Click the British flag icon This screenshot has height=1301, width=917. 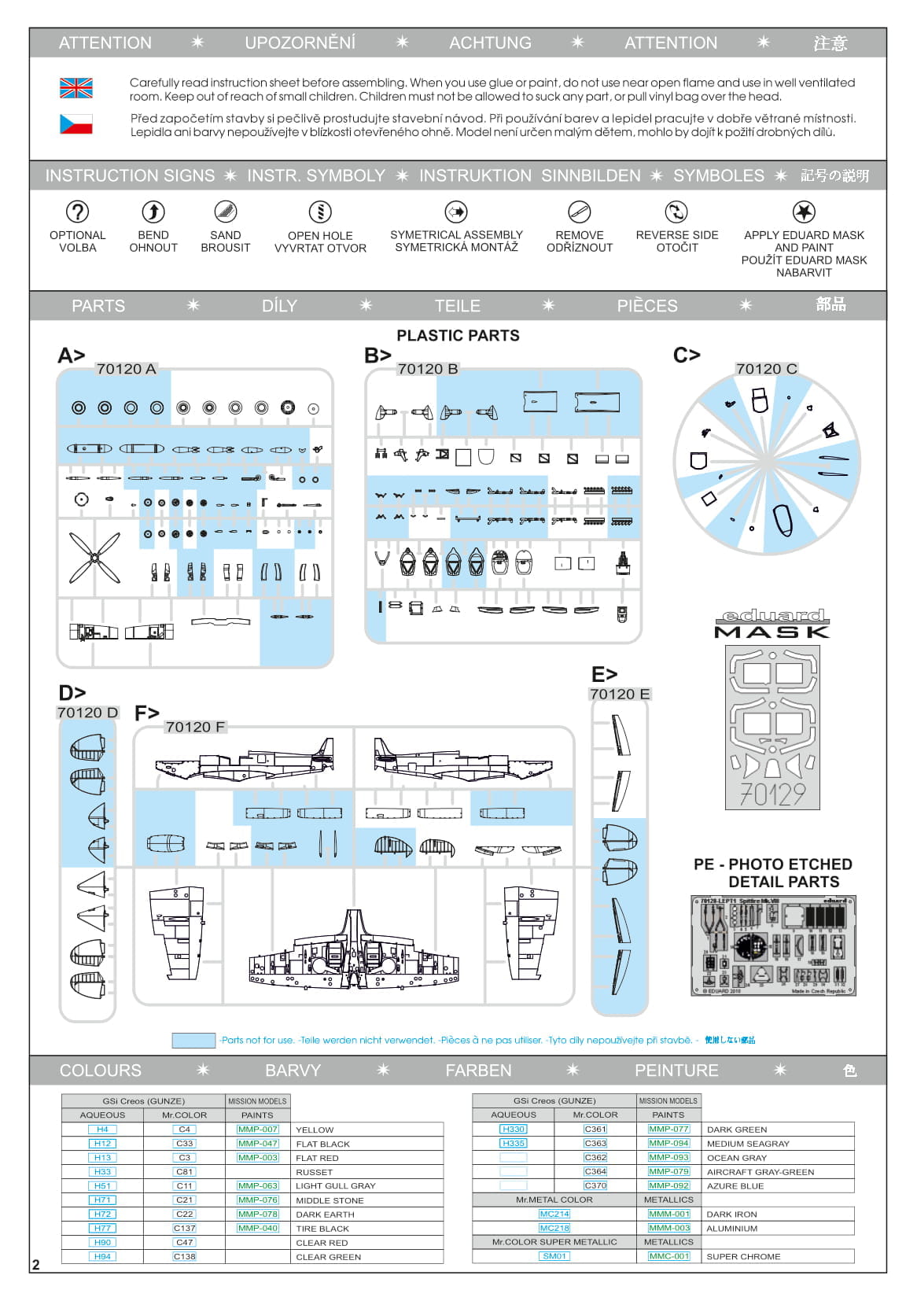point(76,88)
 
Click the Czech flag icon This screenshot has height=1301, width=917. point(76,124)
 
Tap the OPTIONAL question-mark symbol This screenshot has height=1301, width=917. point(77,212)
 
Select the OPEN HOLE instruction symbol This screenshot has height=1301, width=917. point(320,212)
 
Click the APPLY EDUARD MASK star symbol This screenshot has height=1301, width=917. point(804,212)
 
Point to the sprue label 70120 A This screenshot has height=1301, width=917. point(126,369)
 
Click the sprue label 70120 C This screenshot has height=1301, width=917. point(766,369)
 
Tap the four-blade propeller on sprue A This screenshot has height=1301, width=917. point(94,558)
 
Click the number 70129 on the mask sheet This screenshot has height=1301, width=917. point(772,794)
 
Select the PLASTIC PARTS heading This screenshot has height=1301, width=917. point(458,336)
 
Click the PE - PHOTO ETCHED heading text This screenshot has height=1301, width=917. point(772,864)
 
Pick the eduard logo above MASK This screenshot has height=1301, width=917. point(772,616)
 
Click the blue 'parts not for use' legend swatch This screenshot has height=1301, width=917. point(193,1040)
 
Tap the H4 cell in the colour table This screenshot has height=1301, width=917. point(102,1130)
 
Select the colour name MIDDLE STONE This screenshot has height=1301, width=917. point(330,1200)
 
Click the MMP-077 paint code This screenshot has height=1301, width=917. point(668,1130)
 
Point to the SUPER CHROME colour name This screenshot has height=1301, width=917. point(743,1256)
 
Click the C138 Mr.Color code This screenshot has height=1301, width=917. point(184,1257)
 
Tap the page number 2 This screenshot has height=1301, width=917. point(35,1265)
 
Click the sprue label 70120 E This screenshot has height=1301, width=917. point(620,695)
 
